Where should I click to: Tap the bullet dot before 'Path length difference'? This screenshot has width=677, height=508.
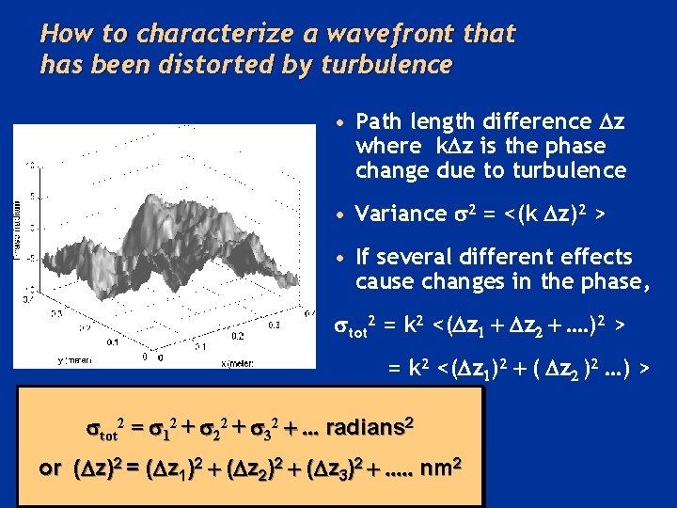pyautogui.click(x=344, y=122)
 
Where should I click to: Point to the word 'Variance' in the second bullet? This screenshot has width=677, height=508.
pyautogui.click(x=389, y=214)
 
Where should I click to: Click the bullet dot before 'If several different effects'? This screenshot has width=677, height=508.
pyautogui.click(x=344, y=258)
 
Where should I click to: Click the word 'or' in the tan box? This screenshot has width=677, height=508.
pyautogui.click(x=52, y=468)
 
